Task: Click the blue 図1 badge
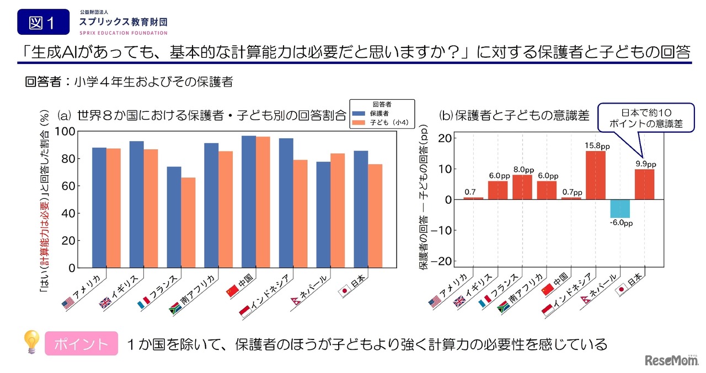click(43, 23)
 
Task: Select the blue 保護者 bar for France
click(174, 217)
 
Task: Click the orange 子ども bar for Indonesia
click(300, 214)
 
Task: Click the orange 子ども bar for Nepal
click(338, 210)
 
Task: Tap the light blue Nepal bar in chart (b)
click(619, 209)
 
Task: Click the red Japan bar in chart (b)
click(644, 185)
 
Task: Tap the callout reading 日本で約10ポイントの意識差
click(645, 117)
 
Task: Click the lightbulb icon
click(31, 342)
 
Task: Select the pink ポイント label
click(81, 344)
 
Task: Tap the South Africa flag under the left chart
click(175, 306)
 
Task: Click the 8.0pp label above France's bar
click(523, 170)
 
